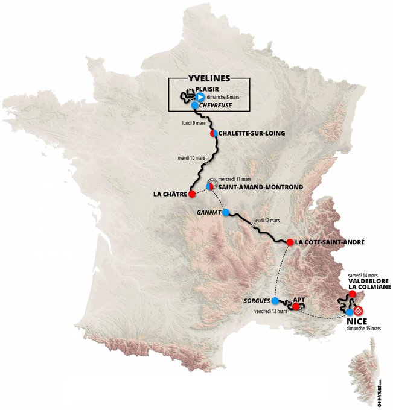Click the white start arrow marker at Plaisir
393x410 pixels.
tap(199, 95)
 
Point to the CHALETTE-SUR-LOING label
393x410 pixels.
tap(251, 133)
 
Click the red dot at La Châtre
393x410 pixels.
tap(191, 194)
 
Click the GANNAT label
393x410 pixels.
tap(207, 213)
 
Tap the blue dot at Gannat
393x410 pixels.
tap(226, 213)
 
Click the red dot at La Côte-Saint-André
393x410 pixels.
tap(290, 242)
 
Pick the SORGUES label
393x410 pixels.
tap(257, 300)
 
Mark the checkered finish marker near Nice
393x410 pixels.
tap(359, 310)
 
